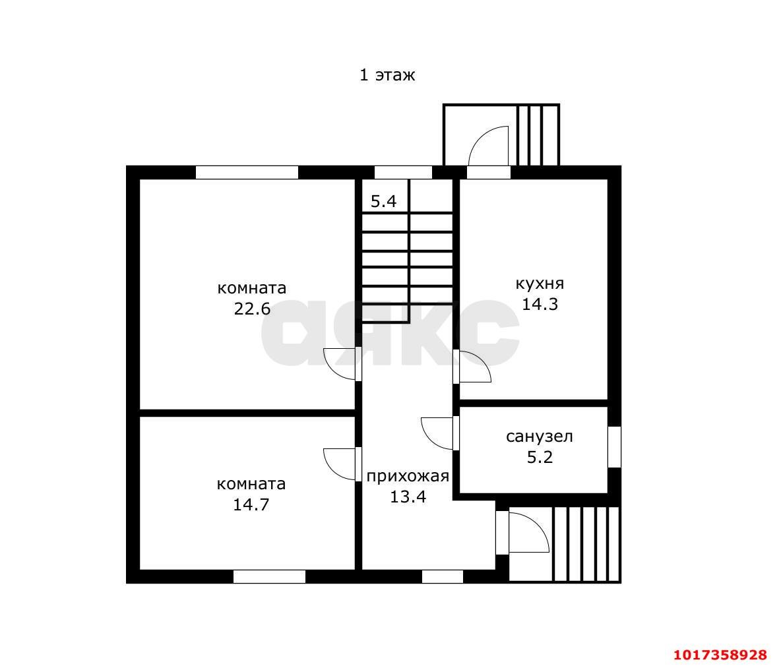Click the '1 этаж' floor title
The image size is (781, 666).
(x=387, y=75)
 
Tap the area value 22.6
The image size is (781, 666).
(x=252, y=309)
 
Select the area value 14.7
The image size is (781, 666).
(x=251, y=504)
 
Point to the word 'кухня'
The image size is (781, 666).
(x=540, y=284)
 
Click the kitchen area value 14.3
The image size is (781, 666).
(x=540, y=303)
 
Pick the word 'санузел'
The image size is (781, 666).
(x=540, y=437)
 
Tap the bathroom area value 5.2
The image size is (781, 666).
(x=540, y=457)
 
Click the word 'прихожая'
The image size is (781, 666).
(x=408, y=476)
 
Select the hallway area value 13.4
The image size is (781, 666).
(x=408, y=497)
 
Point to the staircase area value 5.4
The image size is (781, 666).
(x=383, y=201)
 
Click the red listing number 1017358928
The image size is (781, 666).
(x=720, y=654)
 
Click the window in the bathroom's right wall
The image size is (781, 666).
(x=615, y=446)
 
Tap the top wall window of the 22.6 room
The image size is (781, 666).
(x=247, y=172)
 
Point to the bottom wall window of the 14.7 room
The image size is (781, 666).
(x=269, y=576)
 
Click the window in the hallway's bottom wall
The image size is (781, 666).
(x=443, y=576)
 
